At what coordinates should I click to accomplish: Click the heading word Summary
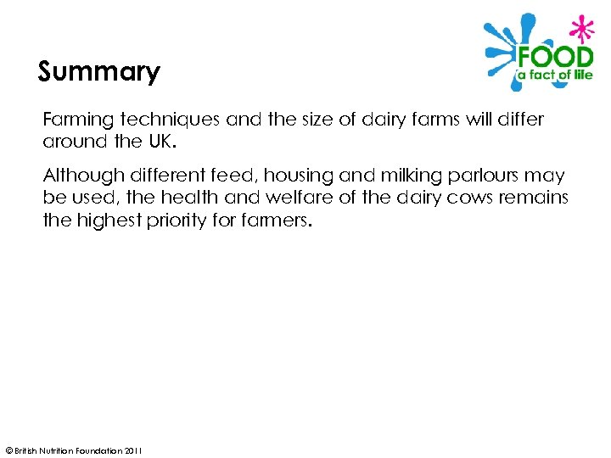coord(98,72)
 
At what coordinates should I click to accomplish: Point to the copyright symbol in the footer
coord(8,450)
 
